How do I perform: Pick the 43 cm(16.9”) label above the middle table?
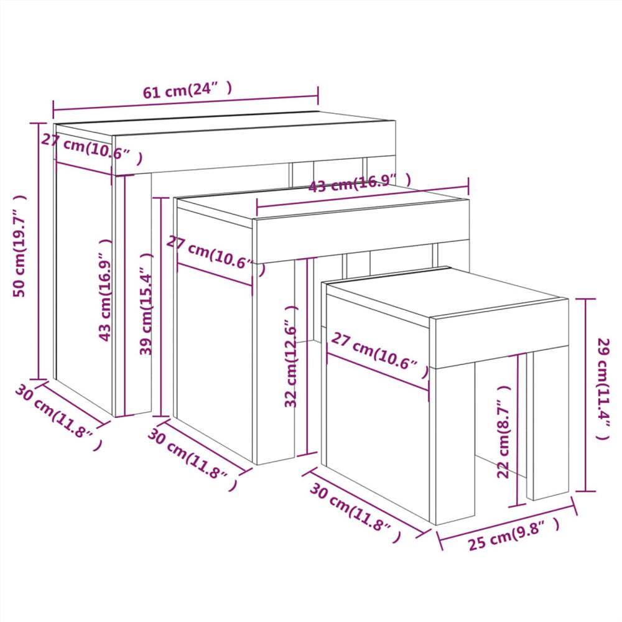click(359, 183)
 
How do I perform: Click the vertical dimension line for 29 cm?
click(586, 395)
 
